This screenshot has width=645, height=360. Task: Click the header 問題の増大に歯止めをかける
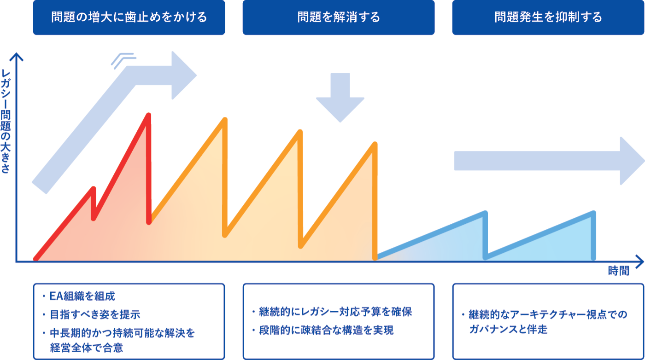(x=129, y=17)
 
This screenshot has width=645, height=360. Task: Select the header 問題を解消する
(x=339, y=17)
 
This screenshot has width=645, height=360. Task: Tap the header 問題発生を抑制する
(x=548, y=17)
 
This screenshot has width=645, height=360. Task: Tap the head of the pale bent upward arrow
(x=182, y=75)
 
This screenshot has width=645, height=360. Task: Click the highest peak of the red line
(x=148, y=115)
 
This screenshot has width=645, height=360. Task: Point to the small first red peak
(x=94, y=189)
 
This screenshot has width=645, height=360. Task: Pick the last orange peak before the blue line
(x=375, y=144)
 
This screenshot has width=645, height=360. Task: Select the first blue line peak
(x=485, y=213)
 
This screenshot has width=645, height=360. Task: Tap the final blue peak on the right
(x=593, y=213)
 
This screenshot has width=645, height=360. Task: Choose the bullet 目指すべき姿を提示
(x=94, y=314)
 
